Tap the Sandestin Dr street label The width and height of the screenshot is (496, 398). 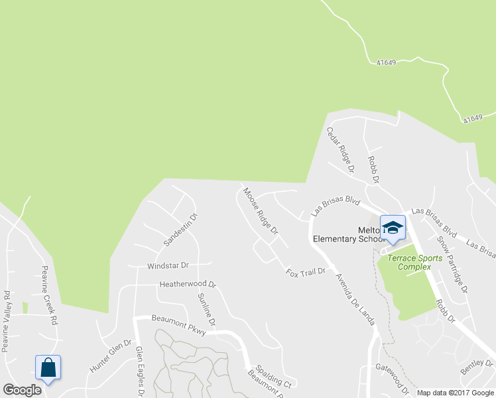(x=181, y=230)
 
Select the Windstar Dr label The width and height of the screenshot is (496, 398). (x=168, y=265)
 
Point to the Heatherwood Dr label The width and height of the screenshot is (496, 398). (x=188, y=285)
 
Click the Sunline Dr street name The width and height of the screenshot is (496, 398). (x=207, y=309)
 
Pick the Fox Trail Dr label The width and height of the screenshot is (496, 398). (x=306, y=271)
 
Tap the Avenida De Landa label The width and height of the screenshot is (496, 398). (x=355, y=298)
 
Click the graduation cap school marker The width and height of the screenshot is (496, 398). (x=393, y=228)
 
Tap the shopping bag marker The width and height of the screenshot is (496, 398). (x=48, y=367)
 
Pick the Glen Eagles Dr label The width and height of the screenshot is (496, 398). (x=140, y=371)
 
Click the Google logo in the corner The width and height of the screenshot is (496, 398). (x=23, y=390)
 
